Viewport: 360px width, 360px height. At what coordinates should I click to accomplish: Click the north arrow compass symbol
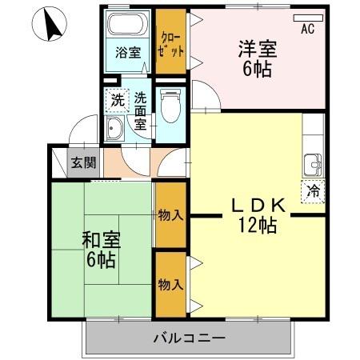click(54, 26)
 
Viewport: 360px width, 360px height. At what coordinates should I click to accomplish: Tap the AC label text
click(307, 30)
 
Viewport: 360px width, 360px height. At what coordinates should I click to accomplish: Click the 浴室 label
click(128, 53)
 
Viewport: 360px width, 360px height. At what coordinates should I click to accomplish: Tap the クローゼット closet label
click(171, 42)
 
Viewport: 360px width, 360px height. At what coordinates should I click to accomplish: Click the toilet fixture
click(170, 105)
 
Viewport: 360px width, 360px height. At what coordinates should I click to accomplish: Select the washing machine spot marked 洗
click(117, 101)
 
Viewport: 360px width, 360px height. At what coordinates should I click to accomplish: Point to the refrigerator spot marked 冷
click(314, 191)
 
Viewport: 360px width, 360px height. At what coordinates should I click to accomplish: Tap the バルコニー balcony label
click(189, 338)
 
